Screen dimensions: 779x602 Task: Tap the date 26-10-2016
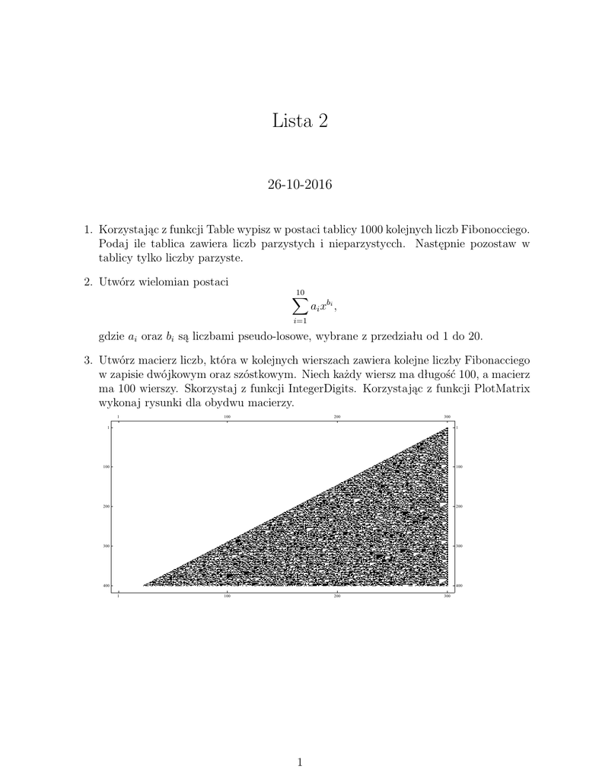[x=301, y=184]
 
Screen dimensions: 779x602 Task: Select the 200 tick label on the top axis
[x=337, y=418]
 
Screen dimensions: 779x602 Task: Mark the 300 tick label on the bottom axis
[x=447, y=597]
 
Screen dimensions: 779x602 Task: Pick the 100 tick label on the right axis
[x=459, y=466]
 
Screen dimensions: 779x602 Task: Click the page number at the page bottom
[x=301, y=762]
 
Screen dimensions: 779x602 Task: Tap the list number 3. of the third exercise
[x=88, y=359]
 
